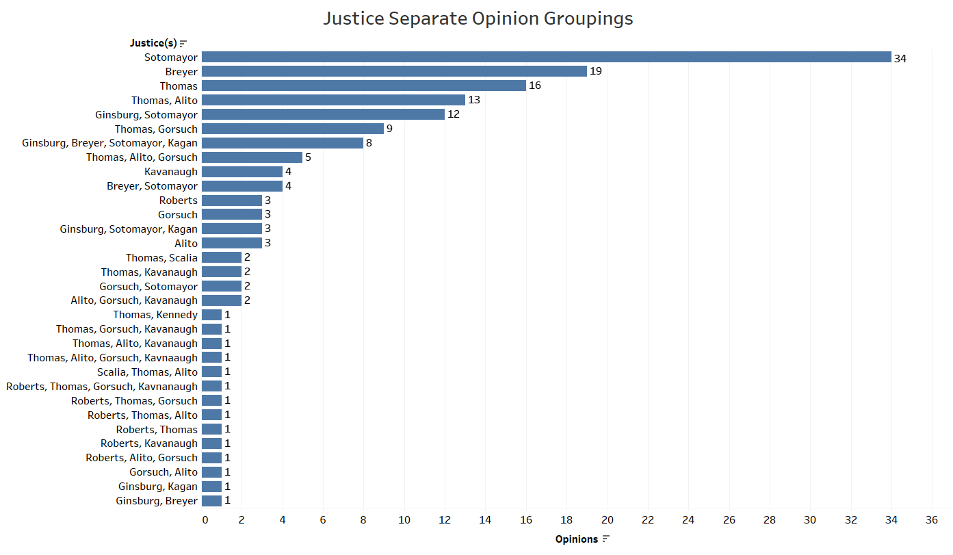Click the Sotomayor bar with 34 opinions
[546, 57]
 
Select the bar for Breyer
[394, 72]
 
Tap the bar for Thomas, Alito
[333, 101]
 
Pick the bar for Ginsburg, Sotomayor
[323, 115]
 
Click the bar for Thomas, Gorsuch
[293, 129]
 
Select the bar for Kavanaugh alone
[242, 172]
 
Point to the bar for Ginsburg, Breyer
[211, 501]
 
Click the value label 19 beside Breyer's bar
[596, 72]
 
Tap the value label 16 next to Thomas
[535, 86]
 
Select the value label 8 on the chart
[369, 144]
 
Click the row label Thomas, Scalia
[161, 258]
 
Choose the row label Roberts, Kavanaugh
[149, 443]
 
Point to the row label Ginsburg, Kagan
[157, 487]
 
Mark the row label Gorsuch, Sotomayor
[148, 287]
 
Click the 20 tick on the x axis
[608, 520]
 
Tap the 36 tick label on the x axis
[931, 520]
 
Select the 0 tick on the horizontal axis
[205, 520]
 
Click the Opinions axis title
[576, 539]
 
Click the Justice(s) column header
[153, 43]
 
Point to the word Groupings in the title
[588, 18]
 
